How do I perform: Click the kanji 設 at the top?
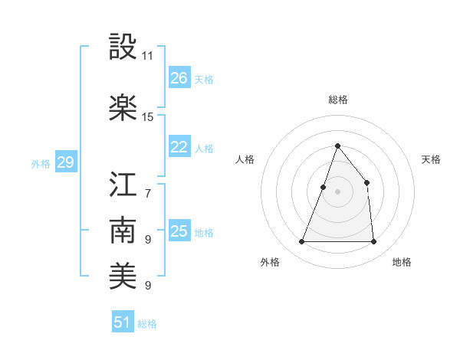pos(124,48)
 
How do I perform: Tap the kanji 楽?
pos(124,107)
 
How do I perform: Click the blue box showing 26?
pos(179,78)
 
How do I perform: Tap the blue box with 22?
pos(179,147)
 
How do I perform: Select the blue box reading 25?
pos(179,231)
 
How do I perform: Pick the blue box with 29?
pos(65,162)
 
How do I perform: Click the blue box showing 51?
pos(123,322)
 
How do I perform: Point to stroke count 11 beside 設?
pos(148,56)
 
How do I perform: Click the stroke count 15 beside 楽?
pos(148,116)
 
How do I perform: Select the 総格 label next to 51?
pos(147,324)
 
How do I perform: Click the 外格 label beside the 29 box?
pos(41,163)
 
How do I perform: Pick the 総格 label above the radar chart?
pos(337,100)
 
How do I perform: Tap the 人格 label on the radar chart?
pos(245,159)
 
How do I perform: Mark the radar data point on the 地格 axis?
pos(373,242)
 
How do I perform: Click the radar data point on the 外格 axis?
pos(301,242)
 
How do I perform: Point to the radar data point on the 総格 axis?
pos(337,146)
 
